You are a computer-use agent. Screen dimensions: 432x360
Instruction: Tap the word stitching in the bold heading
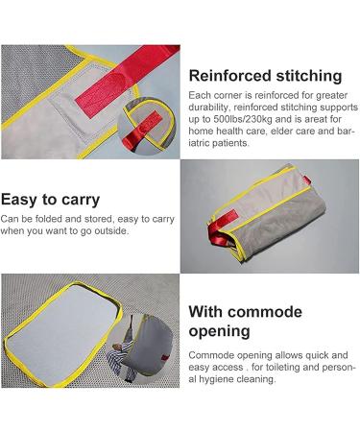pos(310,76)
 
